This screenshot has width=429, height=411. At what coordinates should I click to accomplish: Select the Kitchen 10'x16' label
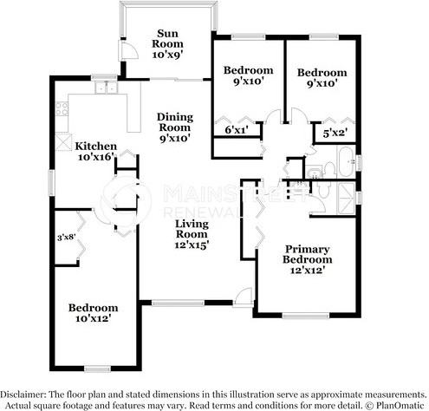tap(95, 151)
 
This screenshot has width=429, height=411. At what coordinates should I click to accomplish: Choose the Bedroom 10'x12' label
tap(94, 314)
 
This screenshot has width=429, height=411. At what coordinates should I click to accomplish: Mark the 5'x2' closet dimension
tap(335, 134)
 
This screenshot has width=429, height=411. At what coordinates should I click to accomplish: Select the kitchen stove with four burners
tap(62, 108)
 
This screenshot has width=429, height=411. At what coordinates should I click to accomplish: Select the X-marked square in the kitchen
tap(63, 143)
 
